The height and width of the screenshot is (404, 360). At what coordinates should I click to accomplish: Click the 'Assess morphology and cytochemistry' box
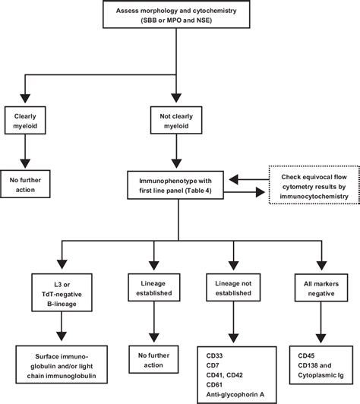click(x=179, y=17)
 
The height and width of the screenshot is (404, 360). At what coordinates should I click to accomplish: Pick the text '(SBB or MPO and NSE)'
click(x=179, y=22)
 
